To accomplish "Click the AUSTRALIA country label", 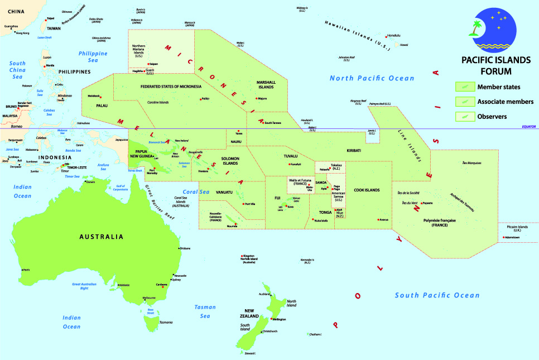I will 101,237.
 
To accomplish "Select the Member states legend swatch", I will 464,87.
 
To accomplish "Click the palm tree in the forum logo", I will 477,27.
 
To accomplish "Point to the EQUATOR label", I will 528,127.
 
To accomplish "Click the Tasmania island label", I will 166,323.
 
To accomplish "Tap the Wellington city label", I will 280,319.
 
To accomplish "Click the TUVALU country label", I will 291,156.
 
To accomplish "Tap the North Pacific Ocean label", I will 372,78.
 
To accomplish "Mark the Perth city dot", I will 22,270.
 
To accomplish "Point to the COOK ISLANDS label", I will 367,190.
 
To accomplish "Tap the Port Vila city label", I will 250,204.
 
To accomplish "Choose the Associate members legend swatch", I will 464,102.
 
